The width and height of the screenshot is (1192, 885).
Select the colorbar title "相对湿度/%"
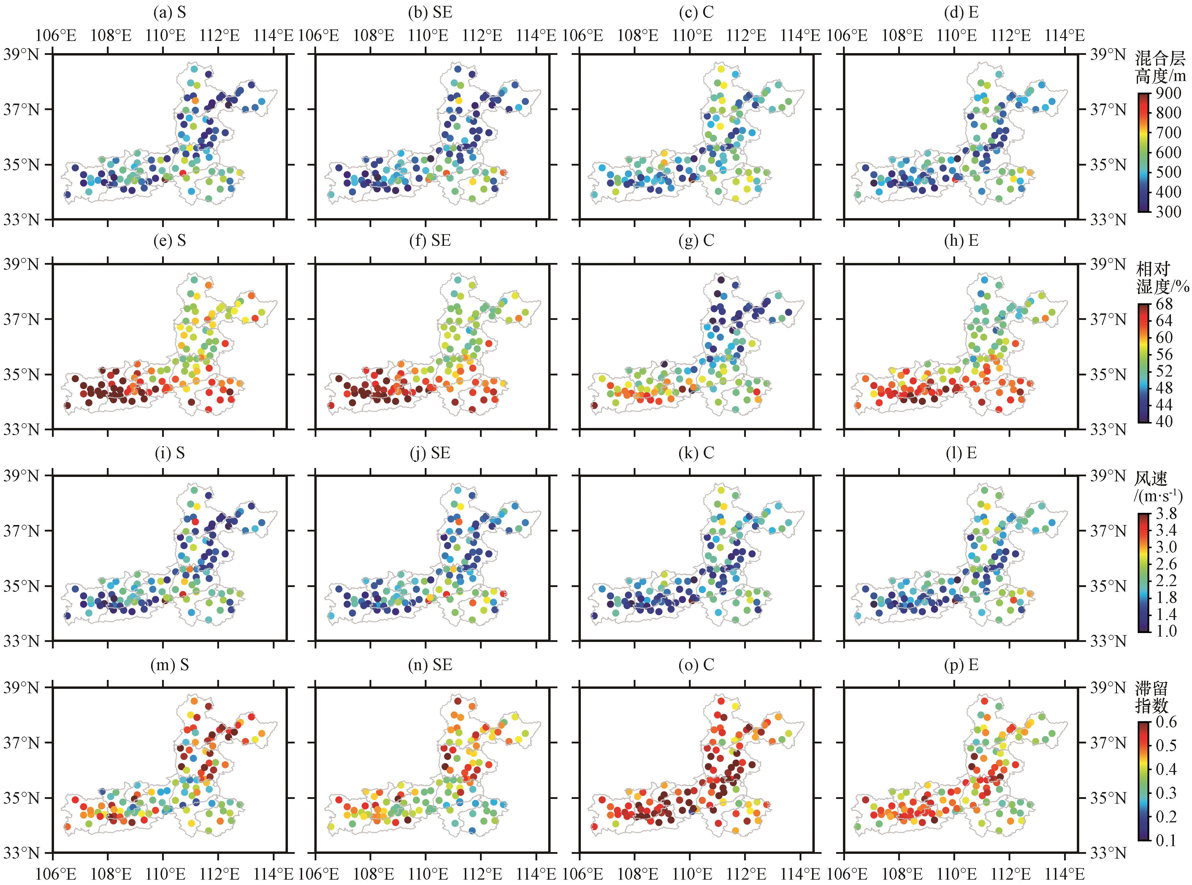(1161, 277)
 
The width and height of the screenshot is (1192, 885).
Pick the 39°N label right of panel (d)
(1109, 54)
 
